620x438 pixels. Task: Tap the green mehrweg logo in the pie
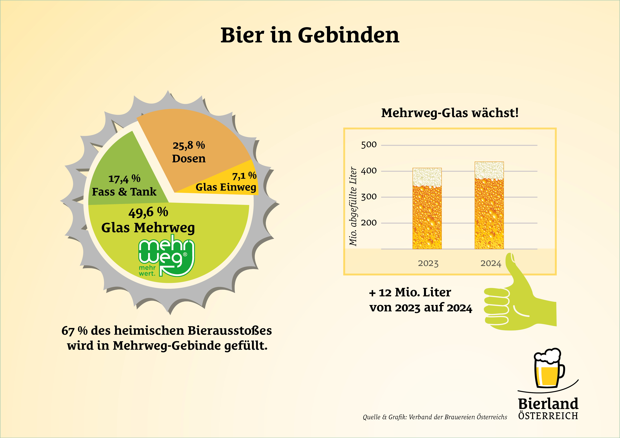166,256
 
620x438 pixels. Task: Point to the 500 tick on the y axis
369,145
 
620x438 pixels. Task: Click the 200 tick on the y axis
369,223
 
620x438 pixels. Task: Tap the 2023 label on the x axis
428,263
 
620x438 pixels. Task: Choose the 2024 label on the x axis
491,263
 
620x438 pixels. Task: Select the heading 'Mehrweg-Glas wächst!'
450,113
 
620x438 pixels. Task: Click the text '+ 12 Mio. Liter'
410,292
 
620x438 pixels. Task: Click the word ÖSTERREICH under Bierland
548,416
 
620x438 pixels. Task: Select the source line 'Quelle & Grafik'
435,417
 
